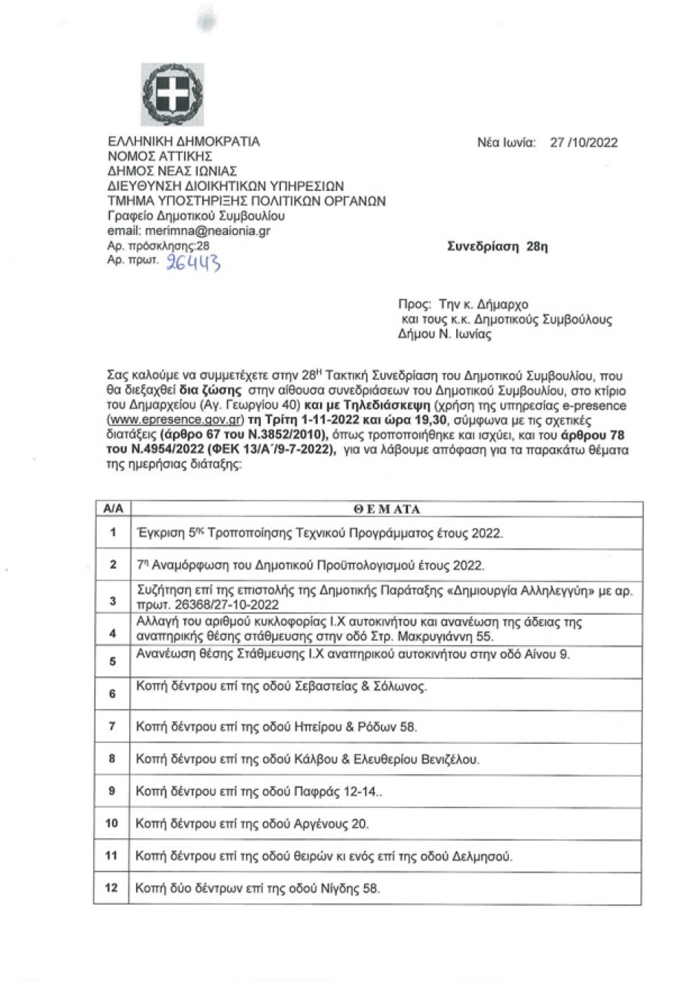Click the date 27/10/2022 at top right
pos(583,143)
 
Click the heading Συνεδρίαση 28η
pos(497,247)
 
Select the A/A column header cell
pos(113,509)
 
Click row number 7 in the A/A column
pos(112,726)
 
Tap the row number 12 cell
pos(112,888)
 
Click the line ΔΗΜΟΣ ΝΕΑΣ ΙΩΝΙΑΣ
pos(172,171)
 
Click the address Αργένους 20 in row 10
pos(334,824)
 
